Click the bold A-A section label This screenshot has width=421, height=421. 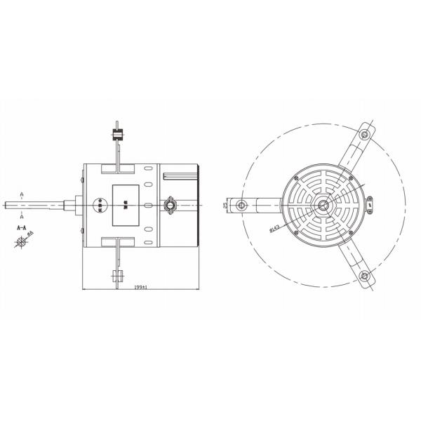pos(22,228)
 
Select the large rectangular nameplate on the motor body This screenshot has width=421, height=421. pos(126,205)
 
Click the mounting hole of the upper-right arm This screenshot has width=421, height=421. pos(365,133)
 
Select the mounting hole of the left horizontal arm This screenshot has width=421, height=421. pos(242,205)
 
